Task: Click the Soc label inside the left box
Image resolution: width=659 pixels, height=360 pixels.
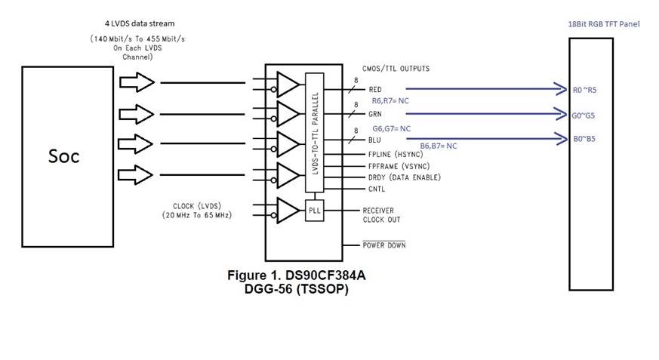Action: point(64,156)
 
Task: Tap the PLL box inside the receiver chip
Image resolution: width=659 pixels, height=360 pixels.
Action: point(314,211)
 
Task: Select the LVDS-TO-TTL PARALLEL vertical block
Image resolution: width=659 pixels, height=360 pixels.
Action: point(314,132)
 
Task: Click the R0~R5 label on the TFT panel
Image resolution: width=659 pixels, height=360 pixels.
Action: point(584,90)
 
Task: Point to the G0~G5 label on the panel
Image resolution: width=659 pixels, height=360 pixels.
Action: point(583,115)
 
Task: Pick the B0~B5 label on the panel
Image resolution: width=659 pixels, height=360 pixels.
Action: point(584,139)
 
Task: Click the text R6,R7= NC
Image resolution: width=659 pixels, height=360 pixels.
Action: point(390,101)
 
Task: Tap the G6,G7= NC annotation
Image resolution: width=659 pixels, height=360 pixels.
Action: point(391,128)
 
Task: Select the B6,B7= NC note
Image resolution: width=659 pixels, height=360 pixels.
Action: point(439,146)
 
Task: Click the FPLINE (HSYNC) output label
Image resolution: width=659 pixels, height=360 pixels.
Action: point(396,154)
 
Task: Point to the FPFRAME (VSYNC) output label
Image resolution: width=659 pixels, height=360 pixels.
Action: point(399,166)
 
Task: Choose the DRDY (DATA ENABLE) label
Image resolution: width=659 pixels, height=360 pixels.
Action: point(405,177)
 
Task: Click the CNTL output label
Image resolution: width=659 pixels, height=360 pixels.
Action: point(377,189)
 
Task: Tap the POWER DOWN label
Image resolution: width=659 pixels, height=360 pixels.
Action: point(384,245)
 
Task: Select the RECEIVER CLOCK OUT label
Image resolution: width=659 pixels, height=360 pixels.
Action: point(382,214)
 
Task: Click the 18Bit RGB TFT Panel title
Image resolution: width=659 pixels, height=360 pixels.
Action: point(604,24)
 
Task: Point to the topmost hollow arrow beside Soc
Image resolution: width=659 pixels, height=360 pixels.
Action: point(137,82)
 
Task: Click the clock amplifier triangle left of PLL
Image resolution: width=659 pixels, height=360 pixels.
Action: point(288,211)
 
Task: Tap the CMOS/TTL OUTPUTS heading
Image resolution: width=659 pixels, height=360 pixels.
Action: point(396,69)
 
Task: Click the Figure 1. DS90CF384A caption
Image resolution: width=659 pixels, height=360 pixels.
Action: point(297,275)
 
